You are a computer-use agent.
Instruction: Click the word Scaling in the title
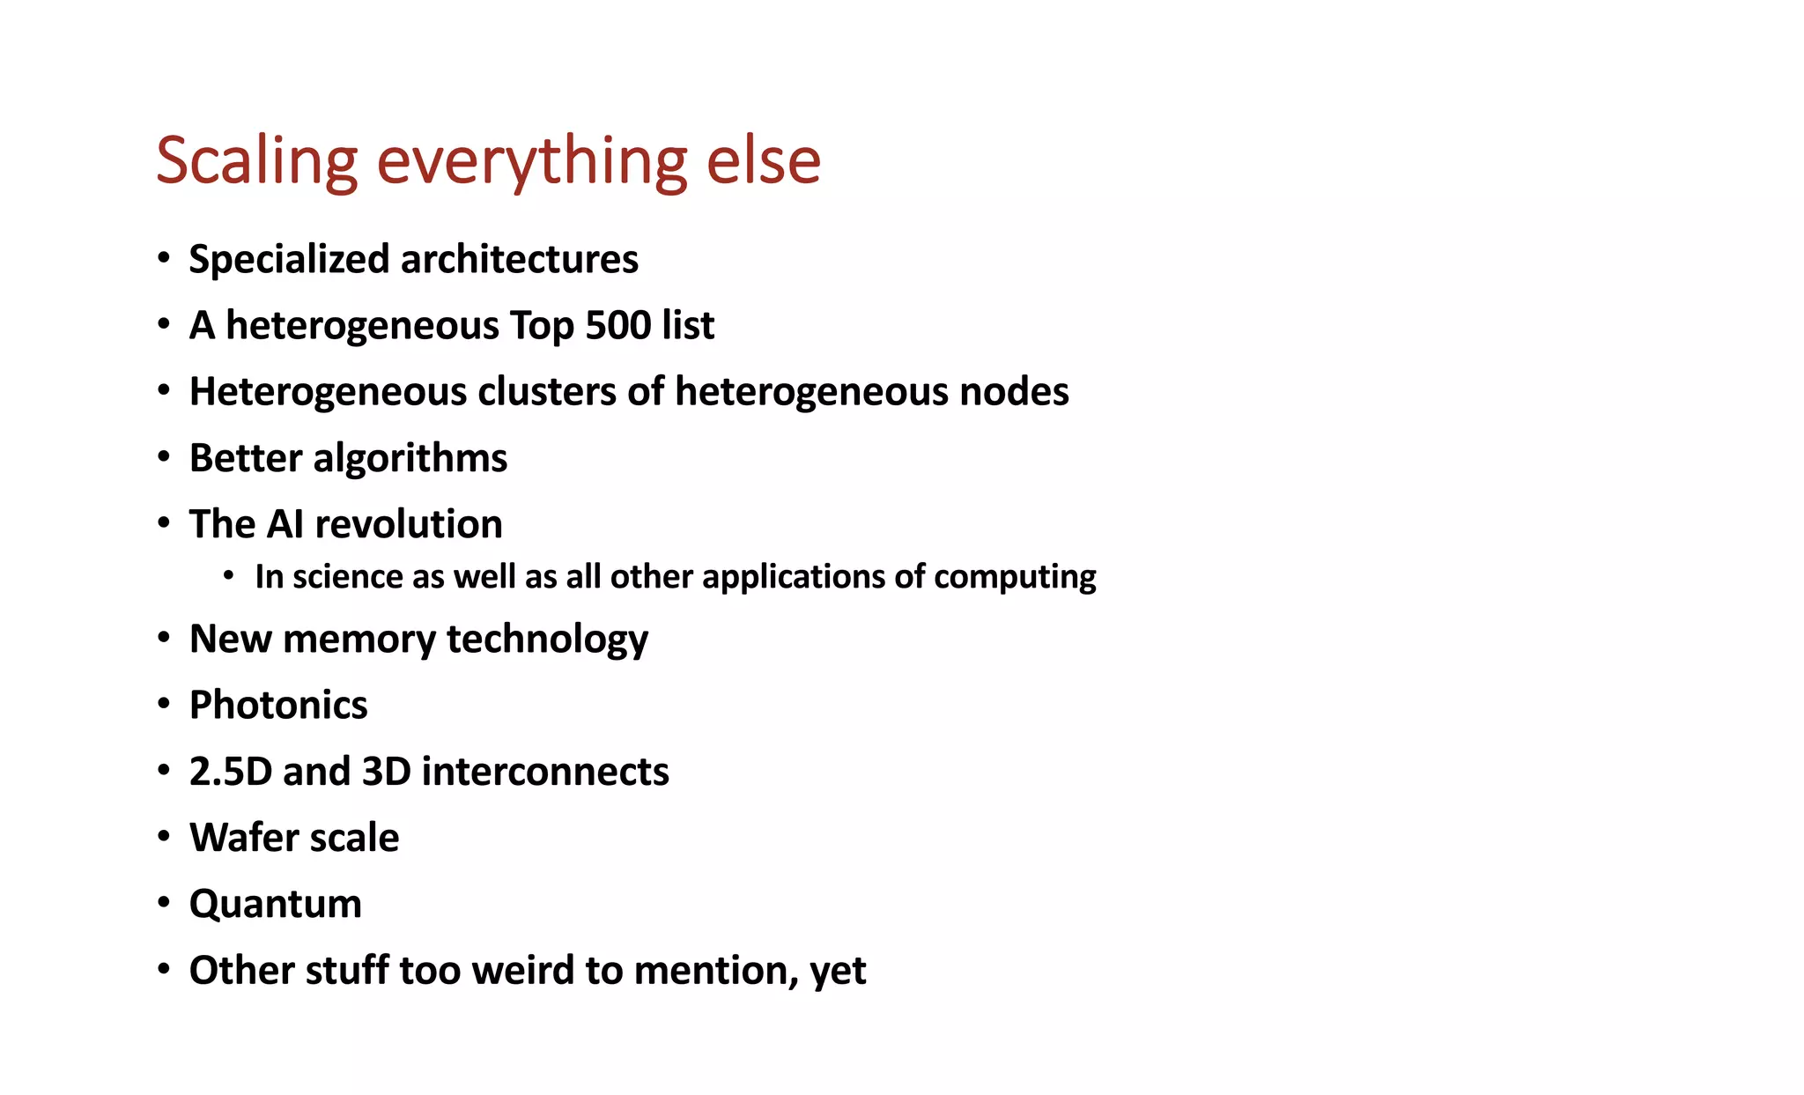click(256, 161)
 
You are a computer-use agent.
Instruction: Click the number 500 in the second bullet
click(617, 325)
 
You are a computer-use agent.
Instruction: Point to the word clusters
click(546, 392)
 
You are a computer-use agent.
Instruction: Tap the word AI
click(285, 524)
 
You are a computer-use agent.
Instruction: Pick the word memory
click(359, 640)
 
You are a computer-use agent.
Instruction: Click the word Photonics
click(278, 705)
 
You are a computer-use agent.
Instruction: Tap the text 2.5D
click(231, 772)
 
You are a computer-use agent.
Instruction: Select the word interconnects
click(545, 772)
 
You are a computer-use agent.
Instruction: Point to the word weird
click(523, 971)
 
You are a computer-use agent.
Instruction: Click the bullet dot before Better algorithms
click(164, 457)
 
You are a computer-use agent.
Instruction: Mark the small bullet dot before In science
click(229, 576)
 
